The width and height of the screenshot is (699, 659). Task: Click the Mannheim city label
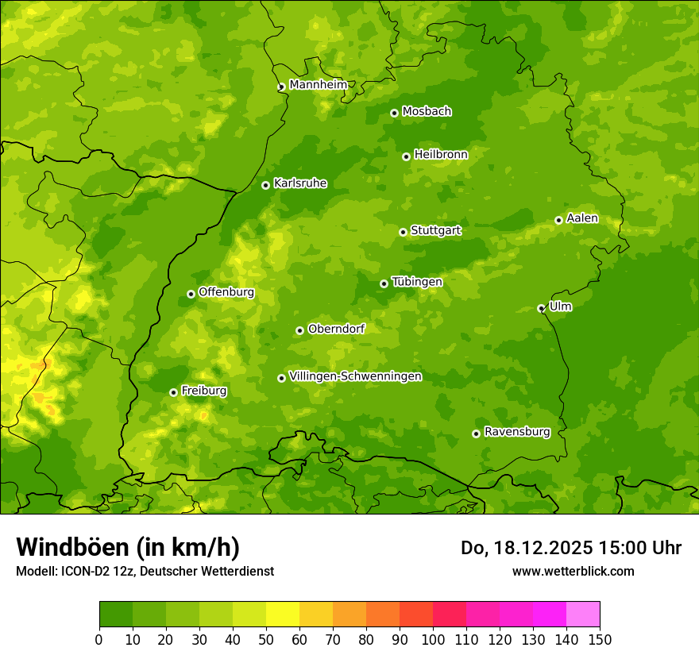coord(319,85)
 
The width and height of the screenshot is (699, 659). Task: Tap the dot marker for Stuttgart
coord(403,232)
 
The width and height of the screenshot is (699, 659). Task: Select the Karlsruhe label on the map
coord(300,183)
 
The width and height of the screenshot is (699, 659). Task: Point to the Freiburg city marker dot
coord(173,392)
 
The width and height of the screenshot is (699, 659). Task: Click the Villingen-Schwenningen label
coord(355,376)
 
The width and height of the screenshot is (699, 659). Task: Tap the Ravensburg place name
coord(516,432)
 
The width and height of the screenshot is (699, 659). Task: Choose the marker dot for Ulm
coord(541,308)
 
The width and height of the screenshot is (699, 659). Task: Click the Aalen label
coord(582,218)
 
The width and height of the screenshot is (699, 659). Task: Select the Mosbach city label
coord(427,112)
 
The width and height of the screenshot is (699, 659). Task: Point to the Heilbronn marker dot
coord(406,156)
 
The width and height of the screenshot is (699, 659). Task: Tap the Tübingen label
coord(417,282)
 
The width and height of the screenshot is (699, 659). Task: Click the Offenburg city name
coord(226,292)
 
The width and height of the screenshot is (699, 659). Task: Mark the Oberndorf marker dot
coord(299,330)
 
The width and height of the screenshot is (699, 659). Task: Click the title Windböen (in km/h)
coord(127,547)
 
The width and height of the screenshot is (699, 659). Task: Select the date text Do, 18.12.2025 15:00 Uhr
coord(570,548)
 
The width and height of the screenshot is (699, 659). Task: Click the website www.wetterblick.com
coord(573,571)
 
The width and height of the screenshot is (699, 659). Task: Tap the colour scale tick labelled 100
coord(433,639)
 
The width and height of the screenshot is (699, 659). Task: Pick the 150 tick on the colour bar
coord(600,639)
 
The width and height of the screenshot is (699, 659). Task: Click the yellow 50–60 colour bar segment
coord(283,614)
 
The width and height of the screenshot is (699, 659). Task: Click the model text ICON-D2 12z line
coord(145,571)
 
